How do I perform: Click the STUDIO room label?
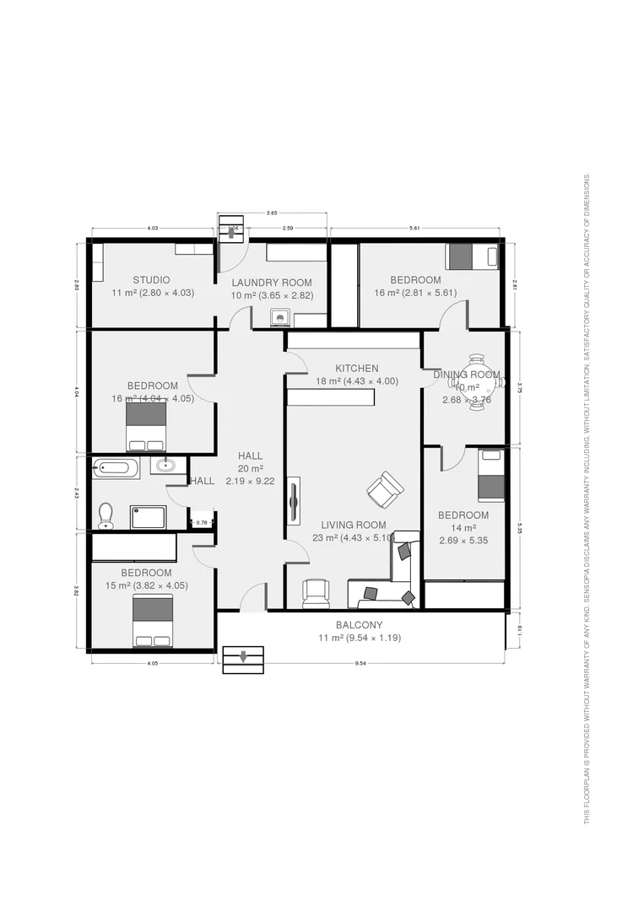pyautogui.click(x=151, y=280)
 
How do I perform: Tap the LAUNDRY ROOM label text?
pyautogui.click(x=272, y=283)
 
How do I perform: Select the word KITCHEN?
pyautogui.click(x=357, y=369)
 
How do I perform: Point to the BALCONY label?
pyautogui.click(x=359, y=625)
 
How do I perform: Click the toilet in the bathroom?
pyautogui.click(x=106, y=515)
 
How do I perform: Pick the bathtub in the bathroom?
pyautogui.click(x=116, y=468)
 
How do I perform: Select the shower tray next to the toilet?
pyautogui.click(x=148, y=517)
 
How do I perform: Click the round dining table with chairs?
pyautogui.click(x=477, y=382)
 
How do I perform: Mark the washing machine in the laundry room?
pyautogui.click(x=280, y=318)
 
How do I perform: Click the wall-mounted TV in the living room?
pyautogui.click(x=294, y=504)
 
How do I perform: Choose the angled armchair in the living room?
pyautogui.click(x=385, y=490)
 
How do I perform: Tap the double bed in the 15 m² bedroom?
pyautogui.click(x=153, y=621)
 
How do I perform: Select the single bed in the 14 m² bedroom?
pyautogui.click(x=491, y=476)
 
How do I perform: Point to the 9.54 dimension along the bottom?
pyautogui.click(x=360, y=663)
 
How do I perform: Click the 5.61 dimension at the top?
pyautogui.click(x=414, y=228)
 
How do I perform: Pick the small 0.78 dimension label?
pyautogui.click(x=202, y=523)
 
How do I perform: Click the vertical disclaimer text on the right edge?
pyautogui.click(x=587, y=498)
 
